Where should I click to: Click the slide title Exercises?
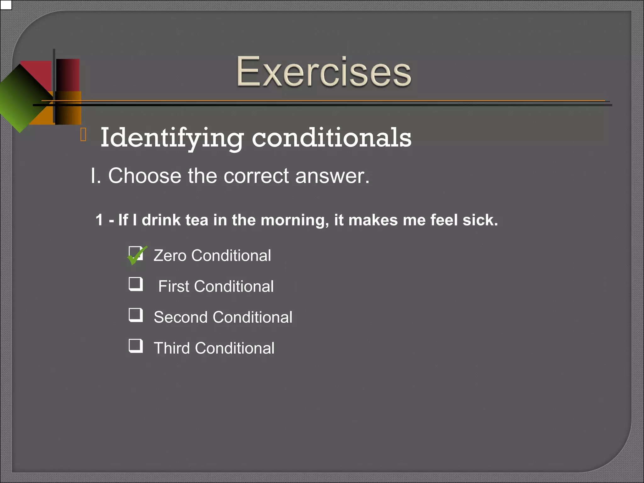(324, 71)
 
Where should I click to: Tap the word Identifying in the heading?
(172, 138)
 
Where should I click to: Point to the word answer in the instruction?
(332, 176)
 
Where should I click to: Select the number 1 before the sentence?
(99, 220)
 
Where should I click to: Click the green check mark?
(137, 255)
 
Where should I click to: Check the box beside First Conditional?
(136, 284)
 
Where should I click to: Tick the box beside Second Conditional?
(136, 315)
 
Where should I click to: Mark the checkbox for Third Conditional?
(136, 346)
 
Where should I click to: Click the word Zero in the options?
(170, 255)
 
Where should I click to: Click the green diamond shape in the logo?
(22, 97)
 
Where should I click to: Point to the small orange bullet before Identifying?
(83, 135)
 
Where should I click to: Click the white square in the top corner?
(6, 5)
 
